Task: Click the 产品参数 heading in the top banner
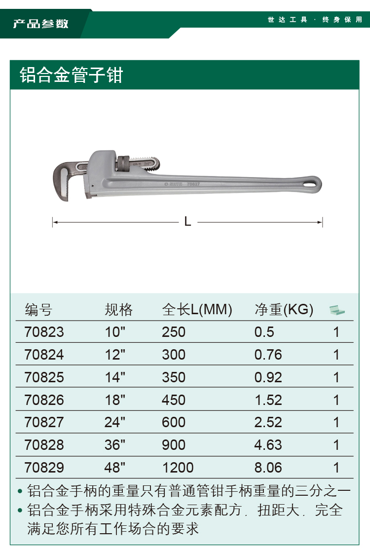point(40,24)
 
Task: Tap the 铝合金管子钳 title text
point(72,75)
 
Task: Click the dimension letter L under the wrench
point(187,221)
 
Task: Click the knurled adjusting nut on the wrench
point(123,163)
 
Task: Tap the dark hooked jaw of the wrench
point(63,179)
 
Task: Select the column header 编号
point(38,310)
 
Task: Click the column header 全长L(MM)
point(197,309)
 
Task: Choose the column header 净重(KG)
point(284,309)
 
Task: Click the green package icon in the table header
point(337,310)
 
